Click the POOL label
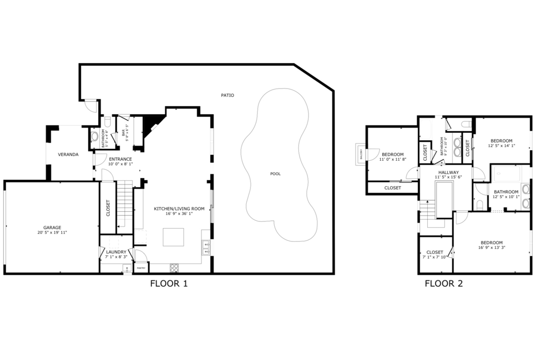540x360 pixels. click(x=275, y=173)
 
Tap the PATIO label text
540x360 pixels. click(x=227, y=95)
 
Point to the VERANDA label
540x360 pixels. click(x=68, y=154)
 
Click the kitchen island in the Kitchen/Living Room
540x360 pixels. click(x=173, y=237)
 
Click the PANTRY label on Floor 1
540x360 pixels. click(x=141, y=268)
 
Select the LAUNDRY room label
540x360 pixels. click(x=115, y=252)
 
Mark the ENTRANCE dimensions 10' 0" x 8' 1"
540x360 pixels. click(x=121, y=164)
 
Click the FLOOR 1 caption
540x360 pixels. click(x=169, y=284)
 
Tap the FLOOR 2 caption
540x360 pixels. click(x=443, y=284)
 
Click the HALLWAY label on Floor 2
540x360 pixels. click(x=447, y=172)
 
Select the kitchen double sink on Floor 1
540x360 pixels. click(x=206, y=247)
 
